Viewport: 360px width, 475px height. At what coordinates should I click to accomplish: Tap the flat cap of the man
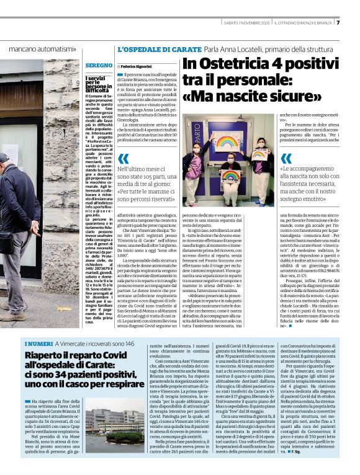(x=4, y=158)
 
